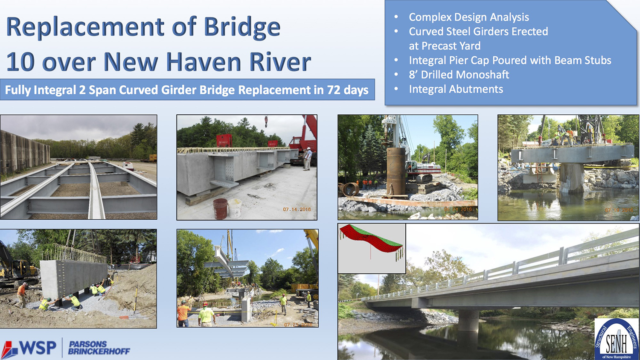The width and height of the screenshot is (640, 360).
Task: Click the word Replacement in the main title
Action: click(x=85, y=27)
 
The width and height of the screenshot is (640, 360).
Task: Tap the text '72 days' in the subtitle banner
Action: click(x=347, y=90)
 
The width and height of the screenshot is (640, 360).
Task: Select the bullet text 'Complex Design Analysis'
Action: click(x=468, y=17)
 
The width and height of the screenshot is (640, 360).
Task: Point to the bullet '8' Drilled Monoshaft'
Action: click(x=459, y=75)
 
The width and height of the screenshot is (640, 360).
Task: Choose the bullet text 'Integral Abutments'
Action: click(x=456, y=89)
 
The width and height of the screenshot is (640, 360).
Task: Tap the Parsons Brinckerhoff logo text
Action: click(x=99, y=348)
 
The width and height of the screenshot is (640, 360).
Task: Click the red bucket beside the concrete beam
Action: click(x=220, y=209)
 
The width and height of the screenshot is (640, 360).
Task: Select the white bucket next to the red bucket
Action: click(x=234, y=208)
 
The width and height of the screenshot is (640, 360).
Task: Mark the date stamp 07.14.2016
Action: click(x=297, y=209)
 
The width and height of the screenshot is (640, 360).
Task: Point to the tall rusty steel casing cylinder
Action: click(x=396, y=171)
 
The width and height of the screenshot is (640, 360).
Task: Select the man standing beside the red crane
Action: click(x=307, y=158)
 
